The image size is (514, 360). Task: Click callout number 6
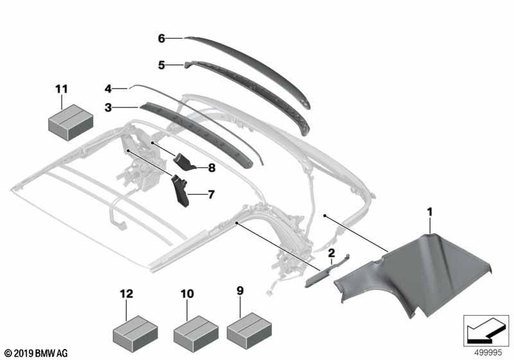161,39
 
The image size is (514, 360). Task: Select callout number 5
161,65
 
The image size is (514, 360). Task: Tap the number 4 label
109,89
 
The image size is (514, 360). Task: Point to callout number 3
109,107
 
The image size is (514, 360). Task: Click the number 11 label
62,89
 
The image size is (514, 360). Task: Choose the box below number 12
135,334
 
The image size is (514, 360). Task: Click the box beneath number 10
196,334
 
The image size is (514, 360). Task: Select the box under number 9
249,330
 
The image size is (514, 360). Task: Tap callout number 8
212,168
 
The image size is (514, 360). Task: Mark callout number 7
211,194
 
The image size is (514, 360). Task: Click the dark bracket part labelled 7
181,192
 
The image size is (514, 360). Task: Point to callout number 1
430,212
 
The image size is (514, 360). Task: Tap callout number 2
332,253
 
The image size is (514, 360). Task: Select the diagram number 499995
488,353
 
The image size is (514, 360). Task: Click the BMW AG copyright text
36,354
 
